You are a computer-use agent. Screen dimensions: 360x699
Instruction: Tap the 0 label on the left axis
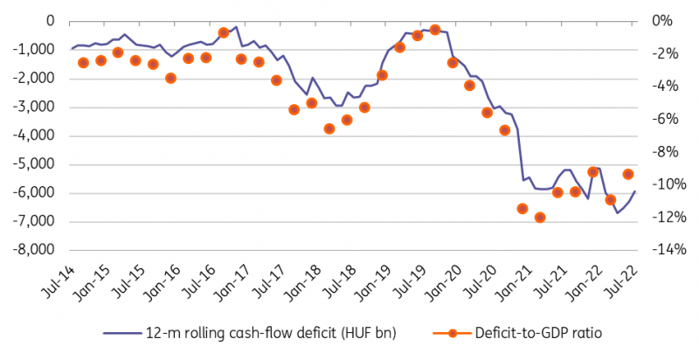[x=50, y=21]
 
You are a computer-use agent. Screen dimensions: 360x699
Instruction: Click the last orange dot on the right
[x=628, y=175]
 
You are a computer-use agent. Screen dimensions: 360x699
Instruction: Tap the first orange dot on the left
[x=83, y=63]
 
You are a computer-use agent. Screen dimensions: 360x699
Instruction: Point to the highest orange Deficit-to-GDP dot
[x=435, y=31]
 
